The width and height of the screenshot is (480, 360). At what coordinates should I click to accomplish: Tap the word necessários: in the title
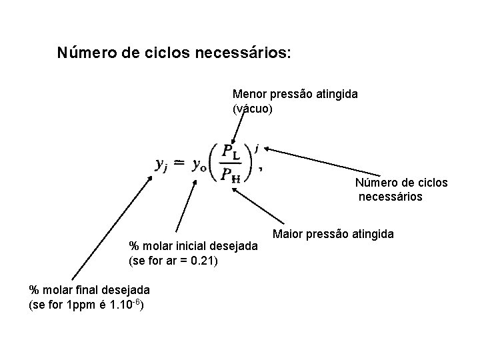(x=243, y=52)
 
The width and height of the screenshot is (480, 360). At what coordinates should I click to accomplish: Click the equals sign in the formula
(x=179, y=164)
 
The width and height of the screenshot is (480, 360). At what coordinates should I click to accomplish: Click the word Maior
(x=287, y=234)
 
